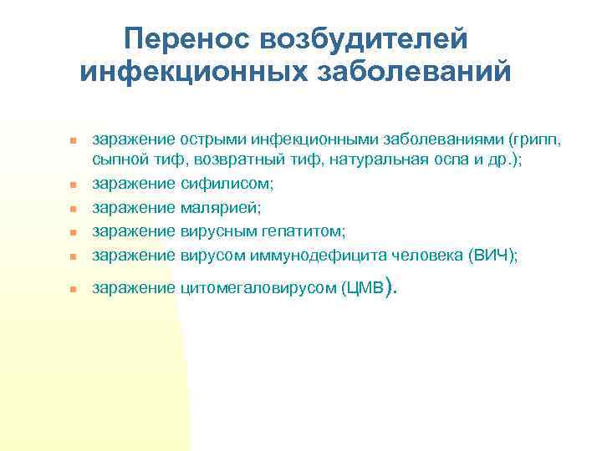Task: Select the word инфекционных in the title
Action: [x=195, y=72]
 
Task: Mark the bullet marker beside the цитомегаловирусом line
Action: [x=73, y=290]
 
